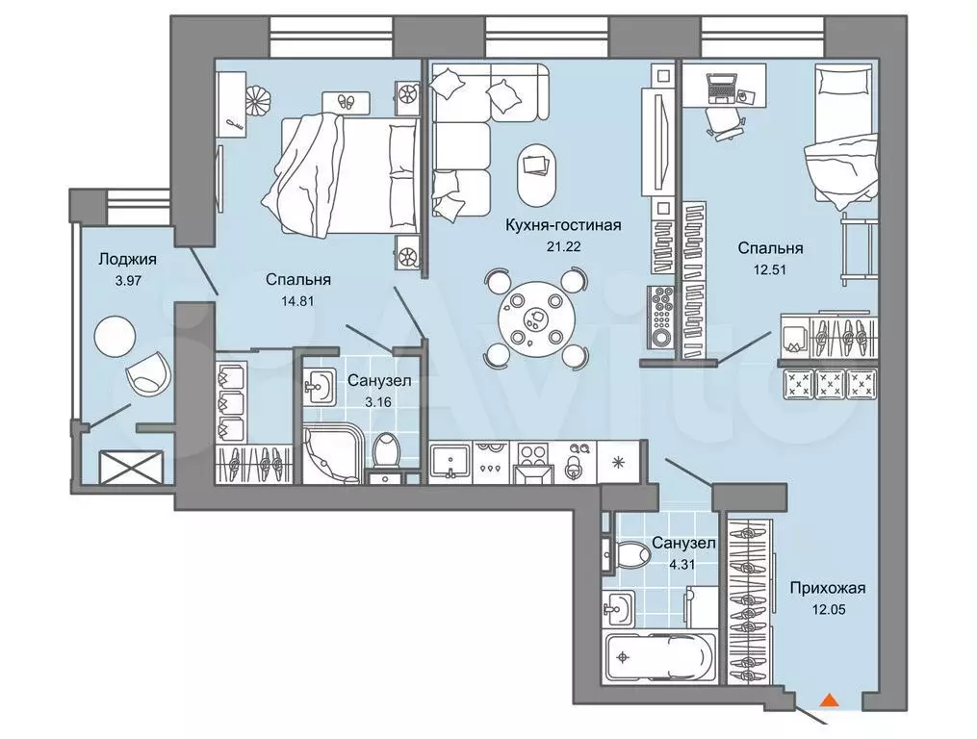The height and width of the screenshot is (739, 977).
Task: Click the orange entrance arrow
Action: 828,700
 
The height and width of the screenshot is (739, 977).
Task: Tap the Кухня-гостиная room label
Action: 563,225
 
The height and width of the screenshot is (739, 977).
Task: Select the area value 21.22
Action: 563,246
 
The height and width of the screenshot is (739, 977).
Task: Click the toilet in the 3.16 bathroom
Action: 387,450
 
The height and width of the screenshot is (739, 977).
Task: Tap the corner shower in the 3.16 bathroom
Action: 333,451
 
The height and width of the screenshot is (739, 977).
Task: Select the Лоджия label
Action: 127,259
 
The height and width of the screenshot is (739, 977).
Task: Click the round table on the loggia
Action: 114,337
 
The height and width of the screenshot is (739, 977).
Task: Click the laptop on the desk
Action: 722,88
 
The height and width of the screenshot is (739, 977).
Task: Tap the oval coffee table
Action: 535,176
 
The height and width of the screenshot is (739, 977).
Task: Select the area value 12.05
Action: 828,610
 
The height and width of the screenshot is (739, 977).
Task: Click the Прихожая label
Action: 828,588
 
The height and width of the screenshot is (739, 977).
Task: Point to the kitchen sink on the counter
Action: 450,462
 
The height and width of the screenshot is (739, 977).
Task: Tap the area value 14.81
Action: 297,301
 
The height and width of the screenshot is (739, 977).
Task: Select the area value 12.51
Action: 771,269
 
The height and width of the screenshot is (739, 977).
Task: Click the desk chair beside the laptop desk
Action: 723,121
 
